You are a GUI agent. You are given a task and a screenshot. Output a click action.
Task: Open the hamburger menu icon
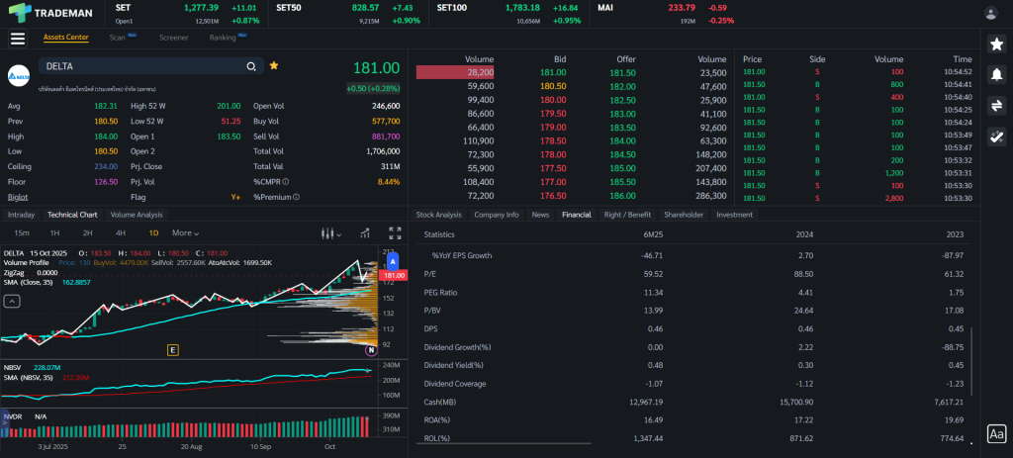click(x=17, y=39)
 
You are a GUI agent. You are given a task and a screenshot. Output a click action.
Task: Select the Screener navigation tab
click(x=174, y=38)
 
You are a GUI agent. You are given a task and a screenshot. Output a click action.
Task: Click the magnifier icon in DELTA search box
click(x=251, y=66)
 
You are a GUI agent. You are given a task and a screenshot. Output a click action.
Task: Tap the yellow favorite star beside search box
click(x=274, y=65)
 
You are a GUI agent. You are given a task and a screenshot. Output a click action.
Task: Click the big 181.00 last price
click(x=376, y=68)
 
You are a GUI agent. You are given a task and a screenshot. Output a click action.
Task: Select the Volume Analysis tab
click(x=137, y=214)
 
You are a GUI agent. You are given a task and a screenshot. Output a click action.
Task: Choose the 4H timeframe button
click(x=121, y=233)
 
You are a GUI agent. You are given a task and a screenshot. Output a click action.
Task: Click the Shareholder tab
click(x=684, y=214)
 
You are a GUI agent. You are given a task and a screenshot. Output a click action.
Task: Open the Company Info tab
click(x=496, y=214)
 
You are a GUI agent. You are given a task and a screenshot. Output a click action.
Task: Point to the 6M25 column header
click(x=652, y=234)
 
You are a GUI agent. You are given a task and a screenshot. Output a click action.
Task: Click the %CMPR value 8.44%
click(x=389, y=182)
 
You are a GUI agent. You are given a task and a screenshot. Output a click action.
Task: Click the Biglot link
click(x=18, y=197)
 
